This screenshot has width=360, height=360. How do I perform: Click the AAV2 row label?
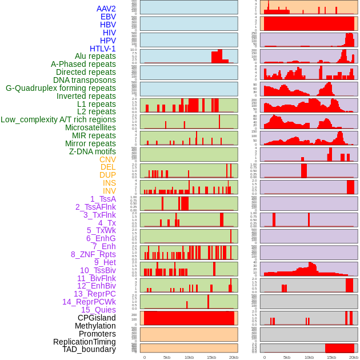(106, 9)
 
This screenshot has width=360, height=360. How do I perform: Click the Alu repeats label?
(95, 56)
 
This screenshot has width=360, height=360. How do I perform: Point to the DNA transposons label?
(85, 80)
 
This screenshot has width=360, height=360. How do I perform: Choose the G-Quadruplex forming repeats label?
(61, 88)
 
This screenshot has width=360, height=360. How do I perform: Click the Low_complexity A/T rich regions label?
(58, 119)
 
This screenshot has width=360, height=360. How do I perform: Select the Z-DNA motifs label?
(92, 151)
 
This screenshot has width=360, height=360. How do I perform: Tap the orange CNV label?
(107, 159)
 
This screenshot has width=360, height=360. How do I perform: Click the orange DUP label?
(107, 175)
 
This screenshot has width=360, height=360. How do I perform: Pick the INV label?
(109, 191)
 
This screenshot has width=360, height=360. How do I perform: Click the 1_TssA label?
(103, 199)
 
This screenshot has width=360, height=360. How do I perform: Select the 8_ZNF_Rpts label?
(93, 254)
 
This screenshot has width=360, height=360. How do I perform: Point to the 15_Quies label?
(98, 310)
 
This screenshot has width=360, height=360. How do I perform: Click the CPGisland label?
(97, 318)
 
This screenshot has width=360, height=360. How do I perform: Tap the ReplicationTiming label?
(84, 342)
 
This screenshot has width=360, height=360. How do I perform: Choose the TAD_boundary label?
(89, 349)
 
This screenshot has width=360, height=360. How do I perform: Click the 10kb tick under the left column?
(189, 357)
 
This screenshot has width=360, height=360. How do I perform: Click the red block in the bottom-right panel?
(339, 348)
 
